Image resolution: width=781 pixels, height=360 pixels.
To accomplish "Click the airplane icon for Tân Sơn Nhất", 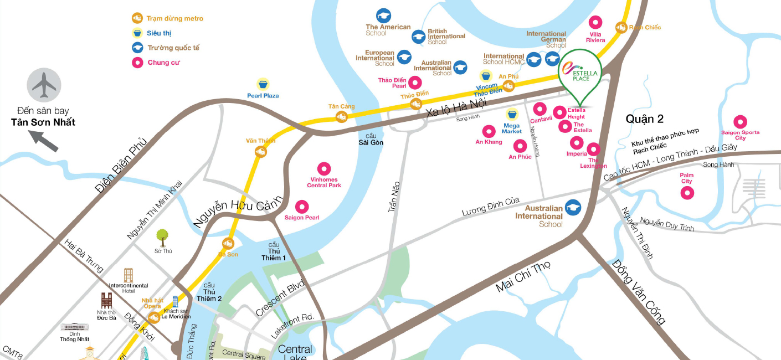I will tap(44, 85).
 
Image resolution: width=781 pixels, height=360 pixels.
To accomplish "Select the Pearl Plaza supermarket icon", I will tap(263, 84).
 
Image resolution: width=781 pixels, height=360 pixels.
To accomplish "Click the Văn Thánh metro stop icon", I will tap(261, 151).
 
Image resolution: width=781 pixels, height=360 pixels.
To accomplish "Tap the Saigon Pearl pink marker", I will tap(302, 207).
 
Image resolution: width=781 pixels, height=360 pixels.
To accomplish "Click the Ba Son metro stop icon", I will tap(228, 244).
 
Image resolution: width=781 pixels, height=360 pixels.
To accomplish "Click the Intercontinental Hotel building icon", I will tap(129, 275).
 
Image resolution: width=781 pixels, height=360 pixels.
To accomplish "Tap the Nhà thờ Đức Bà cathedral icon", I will tap(106, 301).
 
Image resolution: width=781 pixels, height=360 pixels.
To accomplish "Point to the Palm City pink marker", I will tap(687, 193).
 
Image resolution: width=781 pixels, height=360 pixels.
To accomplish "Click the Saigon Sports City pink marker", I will tap(740, 122).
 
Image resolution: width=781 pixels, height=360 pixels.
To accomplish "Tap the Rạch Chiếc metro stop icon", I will tap(621, 27).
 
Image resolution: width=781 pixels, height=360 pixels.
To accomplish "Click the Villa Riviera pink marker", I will tap(595, 22).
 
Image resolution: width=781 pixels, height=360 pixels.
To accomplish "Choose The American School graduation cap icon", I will tap(383, 16).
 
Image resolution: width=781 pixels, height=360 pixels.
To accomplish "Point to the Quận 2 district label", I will tap(644, 119).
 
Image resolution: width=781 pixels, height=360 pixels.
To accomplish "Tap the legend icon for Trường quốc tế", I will tap(137, 48).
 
